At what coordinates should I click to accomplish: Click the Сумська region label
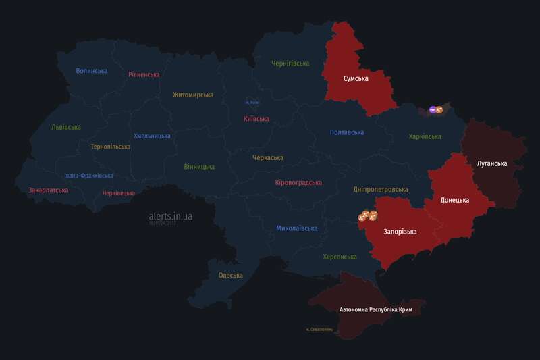point(356,79)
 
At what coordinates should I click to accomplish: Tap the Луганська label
point(491,163)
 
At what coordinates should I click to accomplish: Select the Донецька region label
point(454,201)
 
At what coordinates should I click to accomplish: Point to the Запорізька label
point(400,232)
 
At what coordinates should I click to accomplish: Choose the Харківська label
point(425,136)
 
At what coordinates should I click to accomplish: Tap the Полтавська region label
point(347,132)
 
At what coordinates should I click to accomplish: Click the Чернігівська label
point(290,63)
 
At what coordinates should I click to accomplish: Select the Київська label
point(256,119)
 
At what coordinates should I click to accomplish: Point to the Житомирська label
point(192,95)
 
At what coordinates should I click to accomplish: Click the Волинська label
point(92,71)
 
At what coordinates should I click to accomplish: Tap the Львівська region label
point(66,127)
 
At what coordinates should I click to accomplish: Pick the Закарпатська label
point(48,190)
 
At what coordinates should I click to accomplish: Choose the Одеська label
point(231,275)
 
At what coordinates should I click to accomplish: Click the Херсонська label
point(340,257)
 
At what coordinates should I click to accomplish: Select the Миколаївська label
point(296,228)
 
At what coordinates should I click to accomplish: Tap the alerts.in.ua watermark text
point(171,216)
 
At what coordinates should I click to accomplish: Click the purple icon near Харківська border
point(433,109)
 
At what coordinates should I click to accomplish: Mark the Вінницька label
point(199,166)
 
